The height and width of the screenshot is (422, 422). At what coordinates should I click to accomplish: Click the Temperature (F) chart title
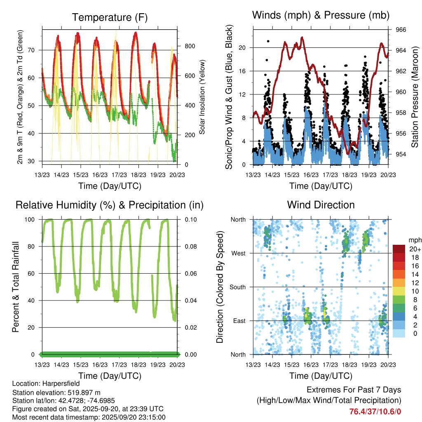pyautogui.click(x=110, y=17)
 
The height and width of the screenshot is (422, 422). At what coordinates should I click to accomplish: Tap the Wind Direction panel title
pyautogui.click(x=321, y=205)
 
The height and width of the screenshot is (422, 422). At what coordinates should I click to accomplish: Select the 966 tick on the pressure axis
pyautogui.click(x=401, y=30)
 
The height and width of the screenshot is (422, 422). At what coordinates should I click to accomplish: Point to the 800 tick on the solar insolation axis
pyautogui.click(x=189, y=46)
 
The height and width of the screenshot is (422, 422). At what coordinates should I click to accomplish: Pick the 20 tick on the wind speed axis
pyautogui.click(x=242, y=47)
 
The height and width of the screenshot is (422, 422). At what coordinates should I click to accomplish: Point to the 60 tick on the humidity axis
pyautogui.click(x=34, y=274)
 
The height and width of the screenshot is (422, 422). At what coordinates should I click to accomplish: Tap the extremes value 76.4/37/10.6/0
pyautogui.click(x=375, y=412)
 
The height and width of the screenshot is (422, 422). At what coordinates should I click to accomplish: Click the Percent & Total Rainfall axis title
pyautogui.click(x=16, y=287)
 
